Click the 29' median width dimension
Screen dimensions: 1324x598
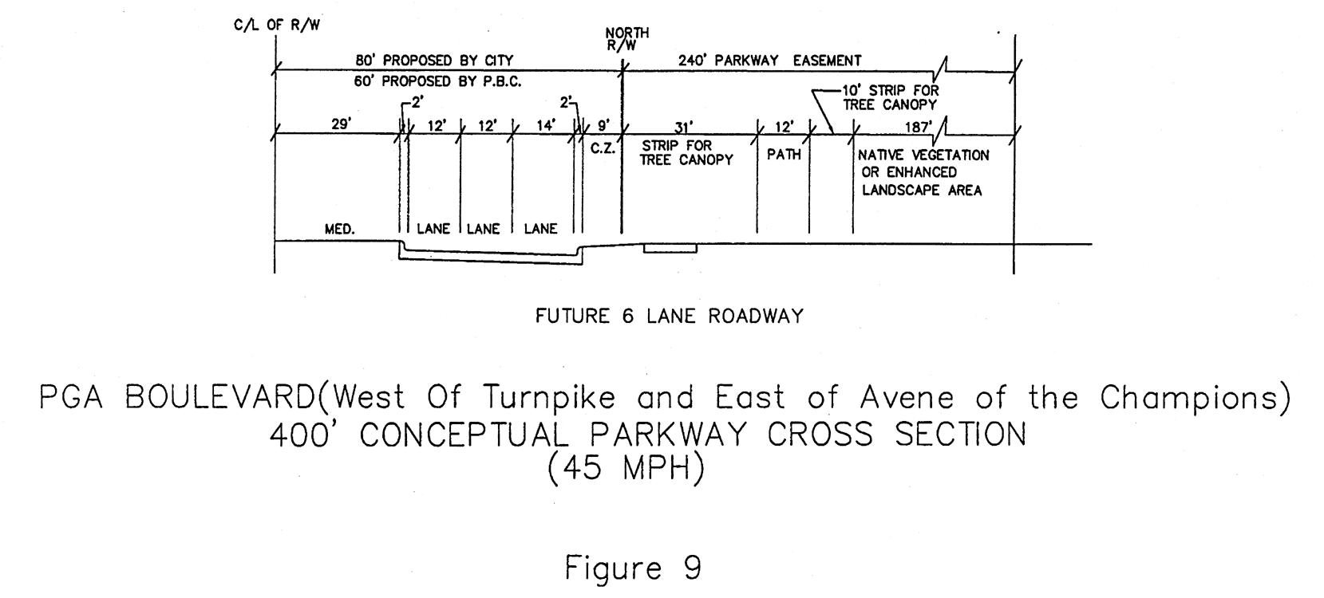click(342, 124)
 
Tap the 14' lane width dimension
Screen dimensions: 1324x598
click(546, 125)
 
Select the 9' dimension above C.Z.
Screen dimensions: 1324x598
click(603, 125)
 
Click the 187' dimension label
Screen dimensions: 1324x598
click(918, 127)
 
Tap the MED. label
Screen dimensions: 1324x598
click(340, 229)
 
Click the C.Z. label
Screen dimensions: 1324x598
click(603, 148)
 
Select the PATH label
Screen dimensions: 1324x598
click(784, 155)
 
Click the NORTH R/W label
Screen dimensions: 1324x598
click(626, 39)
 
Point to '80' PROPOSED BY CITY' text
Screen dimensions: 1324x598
click(434, 61)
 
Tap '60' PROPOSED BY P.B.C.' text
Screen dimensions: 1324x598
click(437, 82)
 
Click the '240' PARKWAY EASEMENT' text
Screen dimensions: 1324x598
click(769, 61)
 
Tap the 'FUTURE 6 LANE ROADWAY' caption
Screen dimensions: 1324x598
click(670, 317)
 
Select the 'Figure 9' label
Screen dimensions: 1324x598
click(634, 568)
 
